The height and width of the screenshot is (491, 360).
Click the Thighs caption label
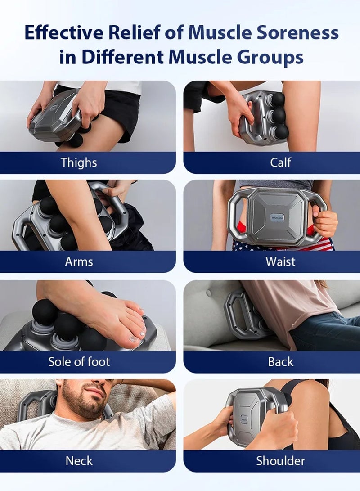pos(79,162)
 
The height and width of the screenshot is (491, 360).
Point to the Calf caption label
pos(280,162)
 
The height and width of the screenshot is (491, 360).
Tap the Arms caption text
pos(79,262)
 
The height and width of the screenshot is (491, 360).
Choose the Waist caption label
pos(280,262)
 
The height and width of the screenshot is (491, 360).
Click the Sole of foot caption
pos(79,362)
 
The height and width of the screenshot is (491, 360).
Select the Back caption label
pos(280,362)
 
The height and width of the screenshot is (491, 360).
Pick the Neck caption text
pos(79,461)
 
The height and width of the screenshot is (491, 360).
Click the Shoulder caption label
pos(280,461)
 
